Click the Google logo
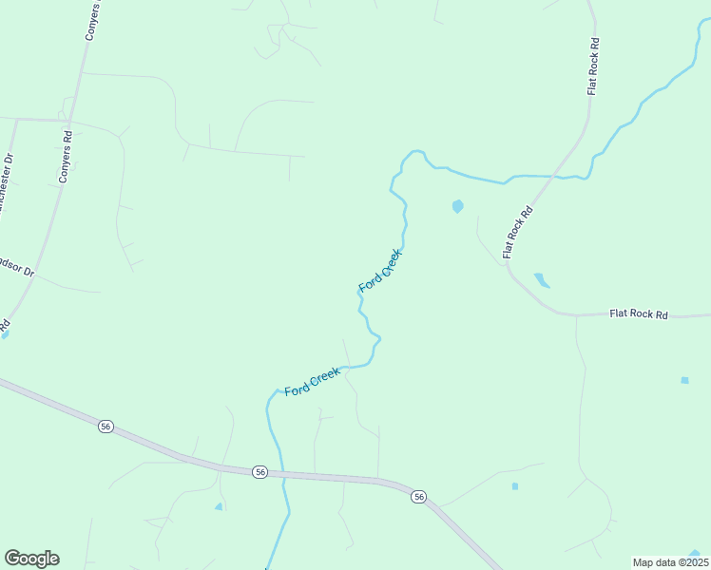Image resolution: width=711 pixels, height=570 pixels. click(x=31, y=559)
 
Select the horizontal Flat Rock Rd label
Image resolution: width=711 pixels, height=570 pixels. click(x=639, y=313)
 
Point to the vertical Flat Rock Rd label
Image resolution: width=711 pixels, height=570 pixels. click(x=593, y=66)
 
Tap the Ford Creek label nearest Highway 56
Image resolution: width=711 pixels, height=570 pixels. click(x=313, y=382)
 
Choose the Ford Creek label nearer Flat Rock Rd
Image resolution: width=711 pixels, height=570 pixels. click(x=381, y=271)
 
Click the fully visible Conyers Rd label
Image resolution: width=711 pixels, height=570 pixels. click(x=66, y=157)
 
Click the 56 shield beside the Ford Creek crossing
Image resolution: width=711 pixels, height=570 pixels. click(x=259, y=471)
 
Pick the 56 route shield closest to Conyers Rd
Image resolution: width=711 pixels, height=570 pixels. click(x=106, y=427)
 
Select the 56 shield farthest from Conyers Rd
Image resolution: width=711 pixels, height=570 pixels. click(x=417, y=496)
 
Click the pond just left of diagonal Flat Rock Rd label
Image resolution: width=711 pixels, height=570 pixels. click(x=457, y=205)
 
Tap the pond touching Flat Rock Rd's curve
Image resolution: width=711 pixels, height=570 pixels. click(x=541, y=279)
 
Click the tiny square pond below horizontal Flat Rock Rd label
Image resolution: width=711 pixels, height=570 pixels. click(x=684, y=380)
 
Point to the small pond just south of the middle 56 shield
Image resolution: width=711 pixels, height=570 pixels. click(x=219, y=506)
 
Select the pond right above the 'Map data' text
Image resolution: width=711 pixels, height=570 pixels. click(x=696, y=553)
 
